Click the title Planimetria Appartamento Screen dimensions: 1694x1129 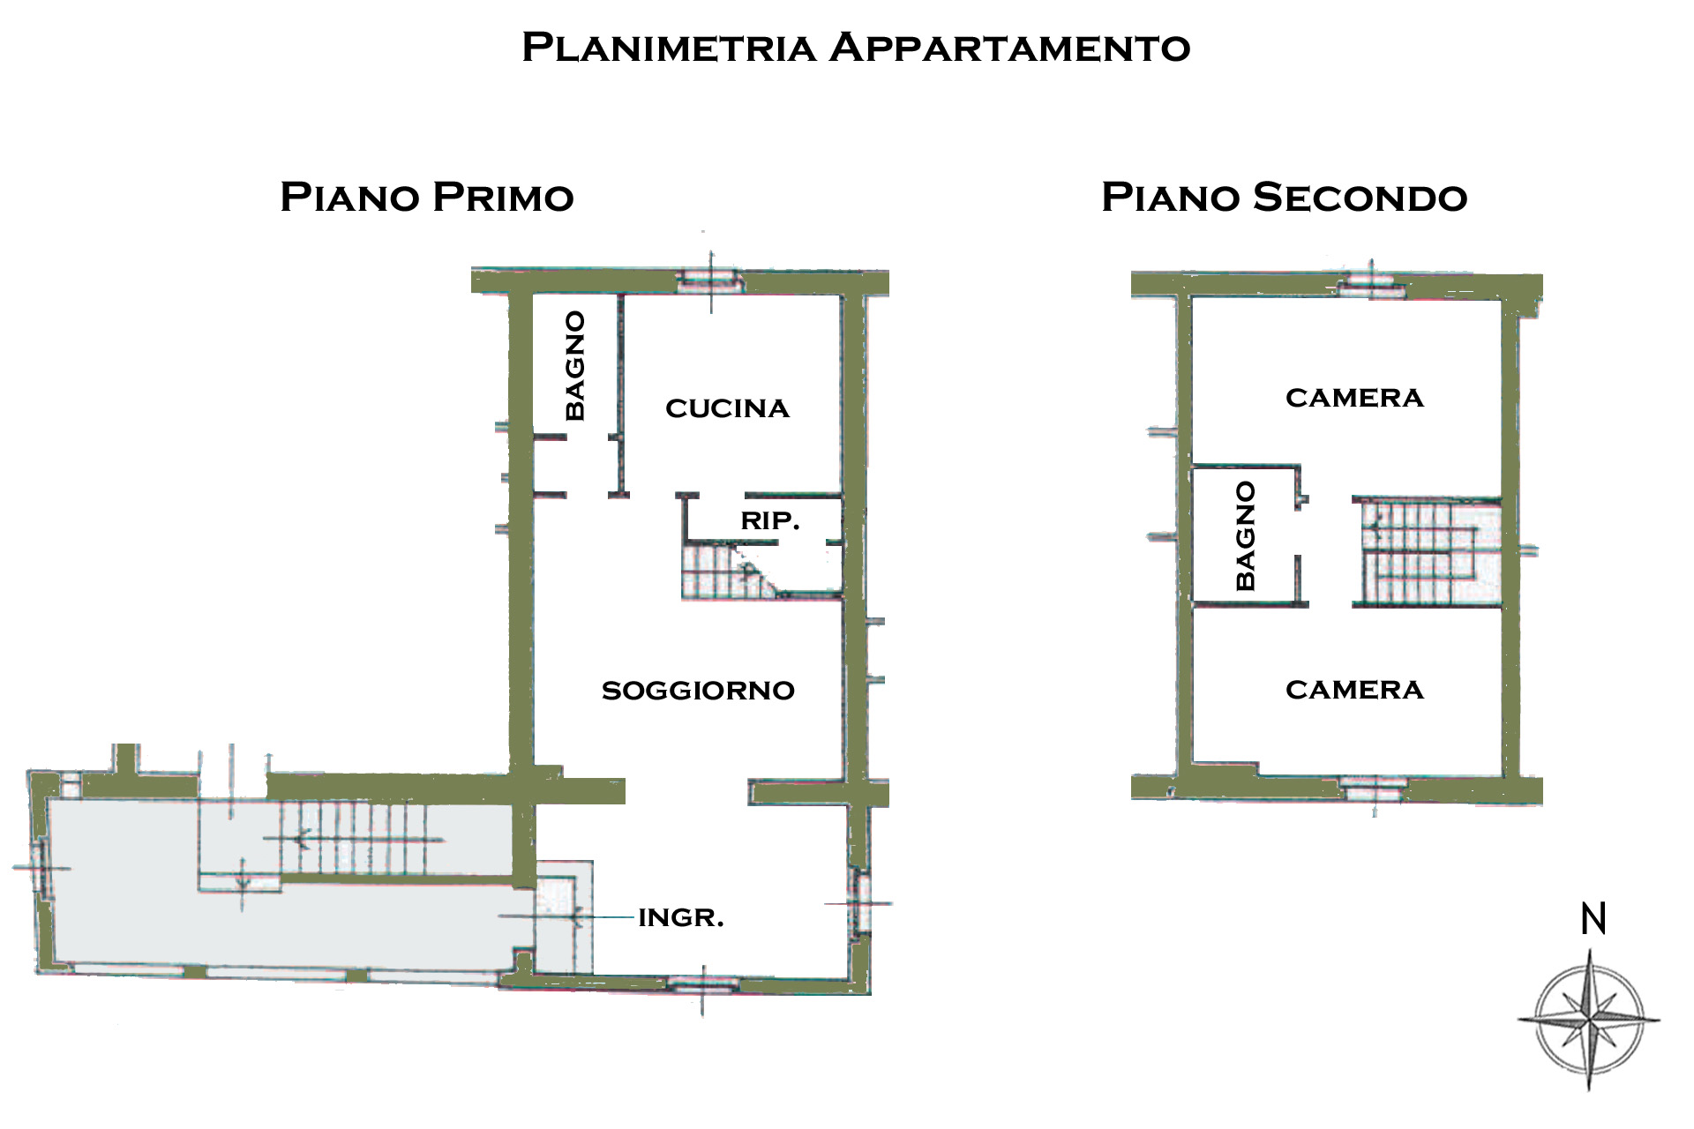tap(856, 48)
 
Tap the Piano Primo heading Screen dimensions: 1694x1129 tap(427, 197)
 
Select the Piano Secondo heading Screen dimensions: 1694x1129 tap(1284, 197)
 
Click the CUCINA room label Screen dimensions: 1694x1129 tap(727, 408)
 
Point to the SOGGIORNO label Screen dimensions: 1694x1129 tap(698, 691)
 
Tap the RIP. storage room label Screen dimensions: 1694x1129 tap(770, 521)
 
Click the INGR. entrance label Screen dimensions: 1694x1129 tap(680, 918)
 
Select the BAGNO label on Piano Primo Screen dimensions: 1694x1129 tap(574, 365)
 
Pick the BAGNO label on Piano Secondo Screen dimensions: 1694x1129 tap(1245, 535)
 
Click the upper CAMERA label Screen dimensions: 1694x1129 tap(1354, 398)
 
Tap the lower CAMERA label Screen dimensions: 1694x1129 tap(1354, 690)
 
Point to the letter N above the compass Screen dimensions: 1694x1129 tap(1593, 919)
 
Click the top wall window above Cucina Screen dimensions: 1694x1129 tap(710, 280)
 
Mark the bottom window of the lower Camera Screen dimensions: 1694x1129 tap(1374, 789)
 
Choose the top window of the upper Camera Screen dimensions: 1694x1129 tap(1371, 285)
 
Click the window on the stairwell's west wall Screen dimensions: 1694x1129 tap(41, 867)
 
